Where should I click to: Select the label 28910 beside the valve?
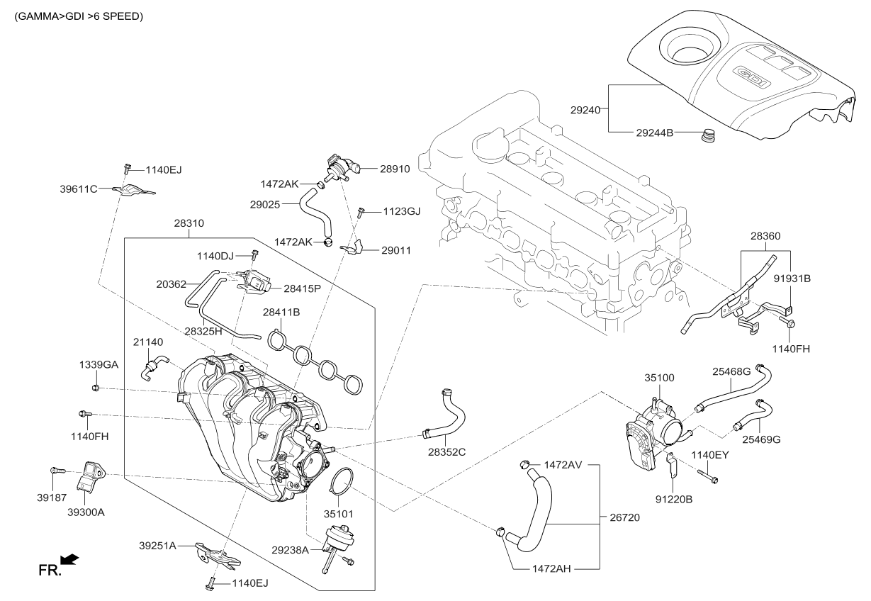click(395, 169)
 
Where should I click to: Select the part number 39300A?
click(86, 512)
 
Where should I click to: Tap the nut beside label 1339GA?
click(96, 387)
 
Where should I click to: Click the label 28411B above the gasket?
click(281, 312)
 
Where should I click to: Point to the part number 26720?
click(624, 518)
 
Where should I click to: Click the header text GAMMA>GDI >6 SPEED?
click(78, 16)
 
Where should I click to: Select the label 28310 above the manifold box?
click(189, 223)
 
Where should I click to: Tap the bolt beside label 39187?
click(57, 470)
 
